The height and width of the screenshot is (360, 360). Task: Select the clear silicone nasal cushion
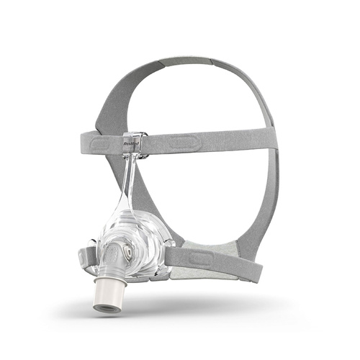(x=148, y=230)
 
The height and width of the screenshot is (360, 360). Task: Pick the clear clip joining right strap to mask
(x=167, y=248)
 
